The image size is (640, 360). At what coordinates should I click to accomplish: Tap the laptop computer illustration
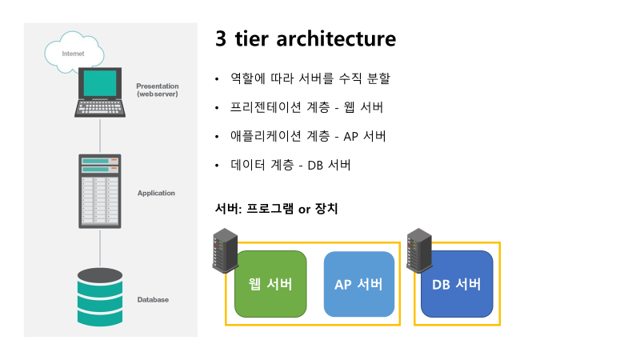point(100,94)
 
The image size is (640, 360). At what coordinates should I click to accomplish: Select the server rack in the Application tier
point(99,191)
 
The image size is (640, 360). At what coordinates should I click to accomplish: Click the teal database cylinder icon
point(100,298)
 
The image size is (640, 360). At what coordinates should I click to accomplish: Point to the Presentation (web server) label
point(157,90)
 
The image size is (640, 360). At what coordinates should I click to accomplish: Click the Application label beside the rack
point(156,193)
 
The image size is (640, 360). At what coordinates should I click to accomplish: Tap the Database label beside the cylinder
point(153,300)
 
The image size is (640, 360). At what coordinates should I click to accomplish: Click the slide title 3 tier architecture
point(306,38)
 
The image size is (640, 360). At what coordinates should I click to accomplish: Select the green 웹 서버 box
point(270,284)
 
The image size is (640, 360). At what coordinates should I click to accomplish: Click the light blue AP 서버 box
point(358,284)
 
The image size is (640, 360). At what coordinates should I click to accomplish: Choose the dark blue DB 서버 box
point(456,284)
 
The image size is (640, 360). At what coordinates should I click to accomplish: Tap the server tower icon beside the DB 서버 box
point(418,250)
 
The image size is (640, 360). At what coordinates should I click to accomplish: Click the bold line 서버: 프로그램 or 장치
point(277,210)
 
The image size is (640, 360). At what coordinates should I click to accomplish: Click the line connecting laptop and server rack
point(100,136)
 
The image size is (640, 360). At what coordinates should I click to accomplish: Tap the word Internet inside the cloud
point(73,54)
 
